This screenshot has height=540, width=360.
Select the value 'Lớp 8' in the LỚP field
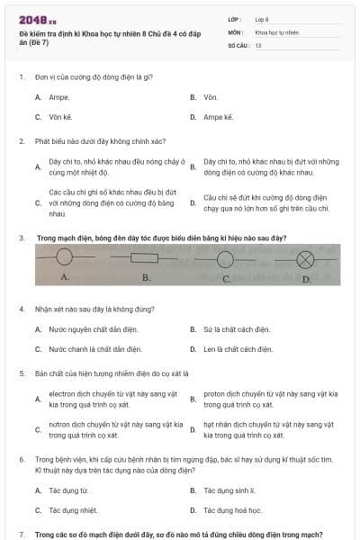click(262, 19)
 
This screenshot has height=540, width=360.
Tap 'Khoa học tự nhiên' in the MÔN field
click(276, 31)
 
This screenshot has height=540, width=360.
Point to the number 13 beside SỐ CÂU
click(258, 44)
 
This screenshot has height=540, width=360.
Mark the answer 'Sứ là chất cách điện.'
click(237, 329)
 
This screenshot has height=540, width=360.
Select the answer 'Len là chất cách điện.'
click(237, 349)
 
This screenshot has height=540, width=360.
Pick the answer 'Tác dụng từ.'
click(68, 490)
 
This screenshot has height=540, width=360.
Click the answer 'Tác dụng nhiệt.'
click(71, 510)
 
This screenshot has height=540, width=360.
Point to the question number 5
click(21, 373)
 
